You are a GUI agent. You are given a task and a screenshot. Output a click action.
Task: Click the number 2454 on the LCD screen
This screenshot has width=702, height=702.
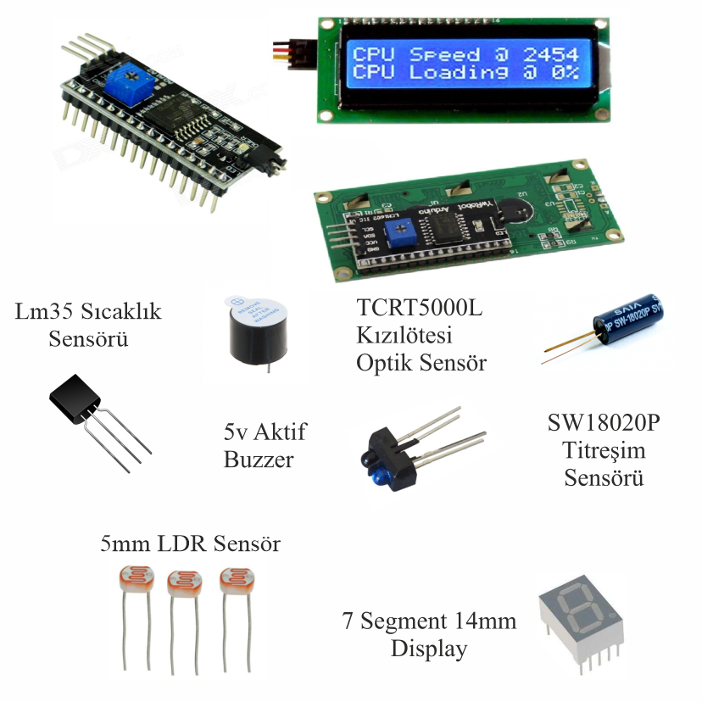(x=550, y=53)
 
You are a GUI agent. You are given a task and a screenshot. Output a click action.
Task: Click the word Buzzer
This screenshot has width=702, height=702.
(x=258, y=460)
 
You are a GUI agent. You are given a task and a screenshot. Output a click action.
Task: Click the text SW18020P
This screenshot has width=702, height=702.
(x=604, y=422)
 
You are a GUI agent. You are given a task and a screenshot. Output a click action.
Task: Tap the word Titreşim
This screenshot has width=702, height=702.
(x=604, y=449)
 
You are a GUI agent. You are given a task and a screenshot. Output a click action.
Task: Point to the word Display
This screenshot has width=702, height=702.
(x=429, y=649)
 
